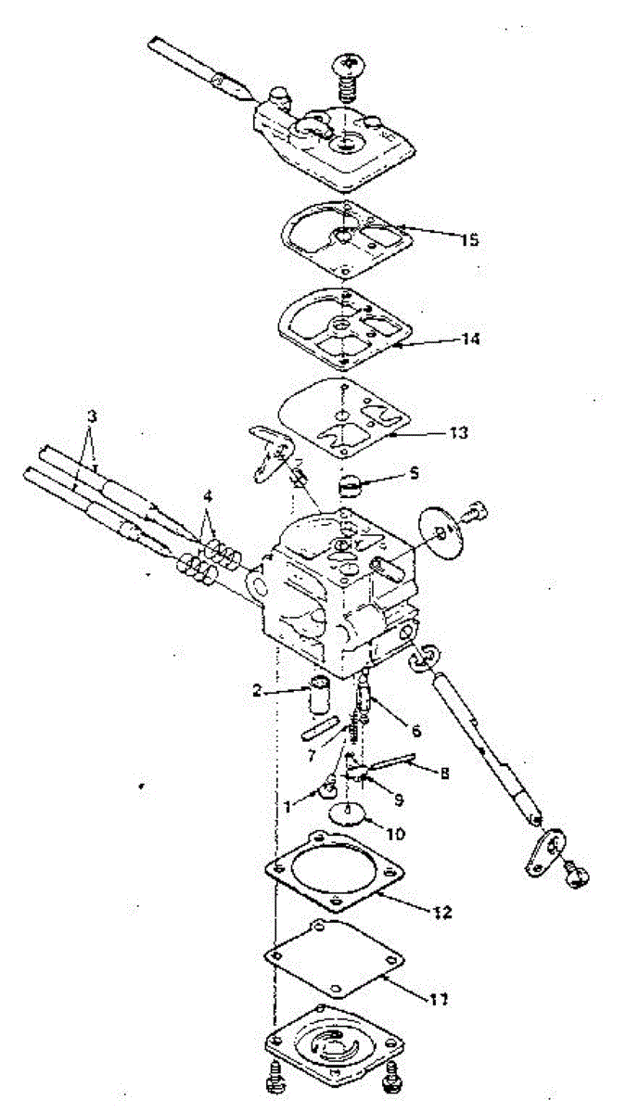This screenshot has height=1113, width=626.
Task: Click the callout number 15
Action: pyautogui.click(x=468, y=240)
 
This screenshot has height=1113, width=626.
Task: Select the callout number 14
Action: pyautogui.click(x=470, y=339)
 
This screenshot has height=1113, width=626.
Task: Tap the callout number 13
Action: pyautogui.click(x=458, y=432)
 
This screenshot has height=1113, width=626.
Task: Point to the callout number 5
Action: pyautogui.click(x=414, y=473)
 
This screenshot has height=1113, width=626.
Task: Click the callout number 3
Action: pyautogui.click(x=91, y=416)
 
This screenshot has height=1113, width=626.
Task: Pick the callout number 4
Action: pyautogui.click(x=208, y=496)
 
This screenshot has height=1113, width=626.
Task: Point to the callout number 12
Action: pyautogui.click(x=441, y=912)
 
